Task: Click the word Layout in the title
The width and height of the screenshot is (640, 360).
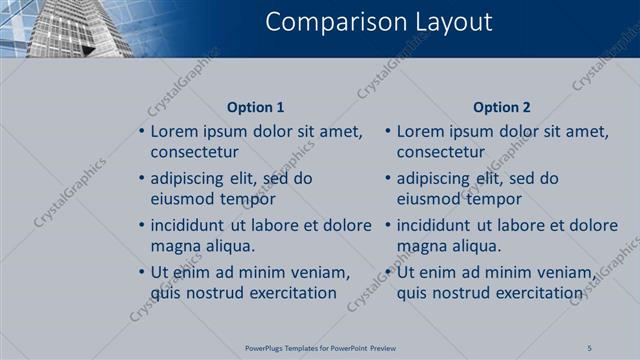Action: (444, 22)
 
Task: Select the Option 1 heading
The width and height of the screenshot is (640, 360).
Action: (255, 107)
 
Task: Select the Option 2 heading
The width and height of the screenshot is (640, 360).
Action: (502, 107)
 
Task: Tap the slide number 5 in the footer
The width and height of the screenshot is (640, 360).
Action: (590, 347)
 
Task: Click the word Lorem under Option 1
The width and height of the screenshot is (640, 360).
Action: (176, 131)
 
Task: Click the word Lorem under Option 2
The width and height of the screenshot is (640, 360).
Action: (422, 131)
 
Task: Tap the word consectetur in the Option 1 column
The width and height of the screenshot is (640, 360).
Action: (194, 152)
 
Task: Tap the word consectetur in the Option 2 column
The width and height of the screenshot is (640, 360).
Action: (440, 152)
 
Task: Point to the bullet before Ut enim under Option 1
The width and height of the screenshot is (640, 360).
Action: (141, 272)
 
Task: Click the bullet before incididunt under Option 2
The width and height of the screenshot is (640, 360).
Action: (387, 225)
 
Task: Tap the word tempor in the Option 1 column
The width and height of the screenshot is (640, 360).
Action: (248, 199)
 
